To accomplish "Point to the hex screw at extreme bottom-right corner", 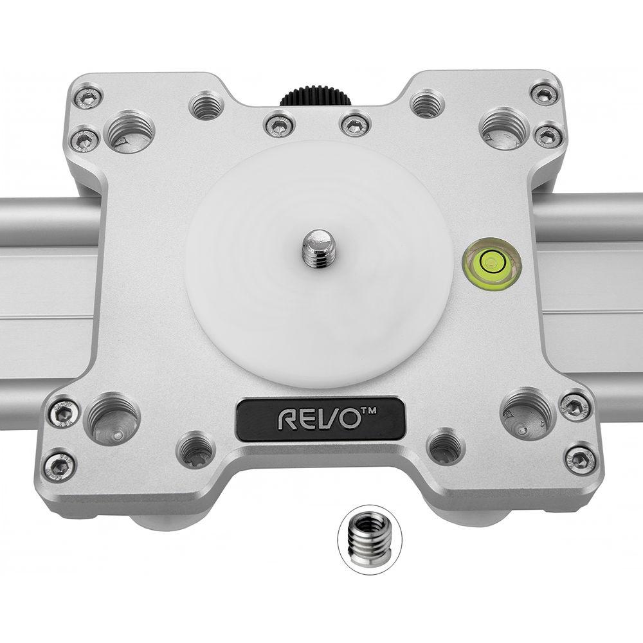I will pyautogui.click(x=580, y=459).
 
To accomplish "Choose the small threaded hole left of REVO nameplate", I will pyautogui.click(x=195, y=449).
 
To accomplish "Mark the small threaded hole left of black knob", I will pyautogui.click(x=206, y=105).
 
